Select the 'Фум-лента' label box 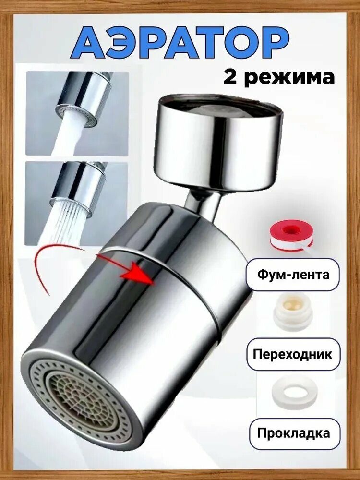click(x=292, y=275)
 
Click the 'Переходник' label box click(x=292, y=354)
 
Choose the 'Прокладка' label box click(x=292, y=433)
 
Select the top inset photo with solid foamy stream click(x=77, y=113)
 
